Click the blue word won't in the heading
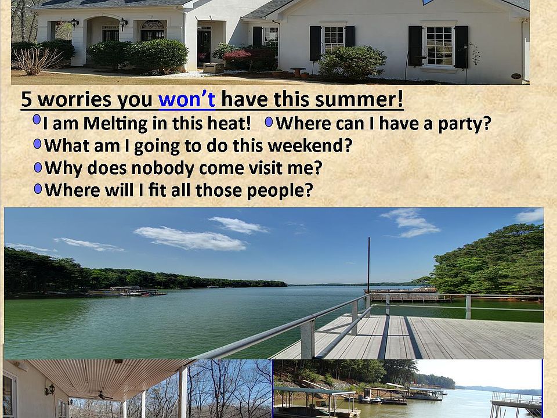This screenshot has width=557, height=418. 187,99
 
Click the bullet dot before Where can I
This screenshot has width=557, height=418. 269,122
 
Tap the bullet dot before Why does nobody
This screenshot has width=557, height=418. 38,167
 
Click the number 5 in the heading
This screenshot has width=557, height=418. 27,99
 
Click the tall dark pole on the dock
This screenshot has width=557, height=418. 369,265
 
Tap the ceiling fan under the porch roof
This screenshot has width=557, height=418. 101,395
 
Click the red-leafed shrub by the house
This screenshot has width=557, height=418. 237,55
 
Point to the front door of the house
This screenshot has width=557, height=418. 204,47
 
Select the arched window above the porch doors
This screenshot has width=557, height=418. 153,25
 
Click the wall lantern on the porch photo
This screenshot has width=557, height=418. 50,390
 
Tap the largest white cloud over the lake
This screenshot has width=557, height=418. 190,239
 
